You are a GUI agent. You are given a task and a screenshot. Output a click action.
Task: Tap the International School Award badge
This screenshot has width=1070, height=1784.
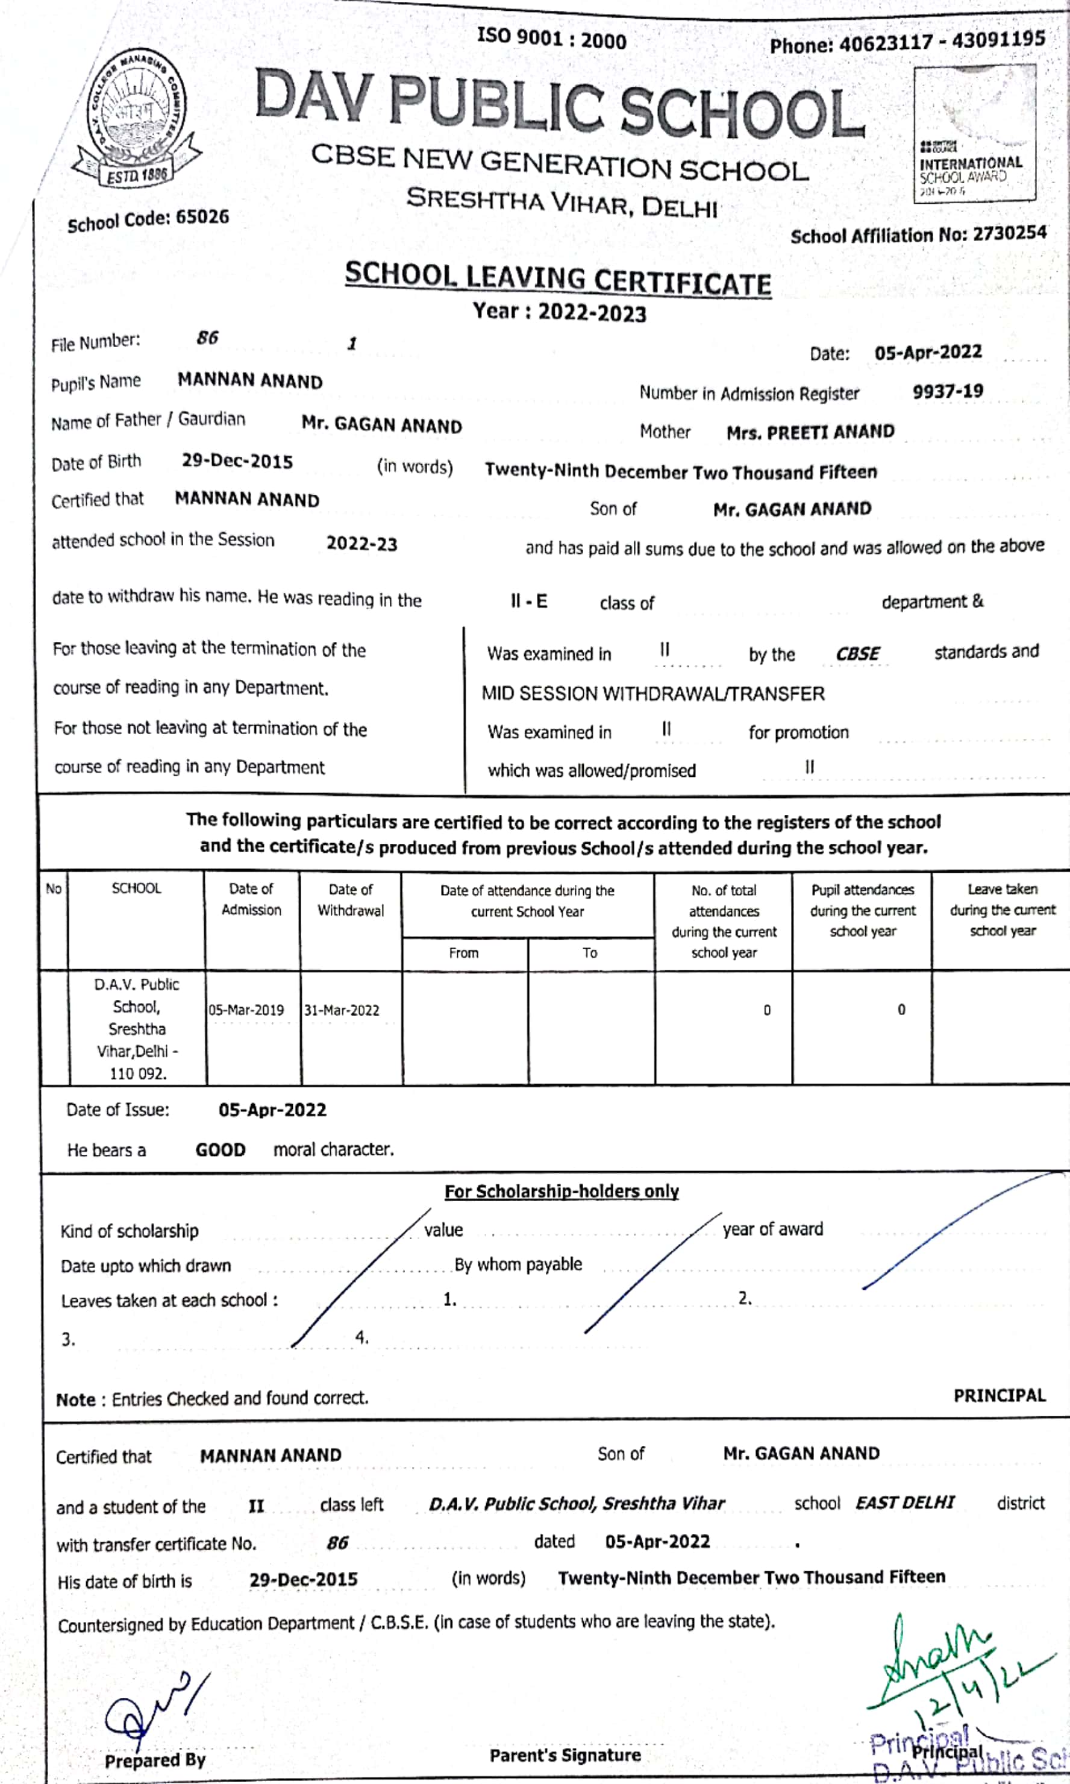point(974,135)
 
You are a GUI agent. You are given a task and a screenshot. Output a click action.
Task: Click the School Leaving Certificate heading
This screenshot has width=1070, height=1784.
point(557,279)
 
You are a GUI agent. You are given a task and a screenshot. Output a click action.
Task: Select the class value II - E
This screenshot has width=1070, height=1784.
point(528,601)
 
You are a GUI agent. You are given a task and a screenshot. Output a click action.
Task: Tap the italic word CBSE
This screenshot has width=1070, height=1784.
point(857,654)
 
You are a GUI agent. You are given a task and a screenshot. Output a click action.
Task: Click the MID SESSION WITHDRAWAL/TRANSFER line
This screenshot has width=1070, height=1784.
point(652,694)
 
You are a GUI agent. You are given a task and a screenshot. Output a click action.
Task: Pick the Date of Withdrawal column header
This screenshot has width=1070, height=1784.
point(351,900)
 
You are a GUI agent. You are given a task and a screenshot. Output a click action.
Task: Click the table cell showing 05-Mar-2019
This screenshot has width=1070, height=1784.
point(246,1010)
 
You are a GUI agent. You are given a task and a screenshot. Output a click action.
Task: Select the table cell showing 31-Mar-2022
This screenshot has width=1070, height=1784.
point(342,1010)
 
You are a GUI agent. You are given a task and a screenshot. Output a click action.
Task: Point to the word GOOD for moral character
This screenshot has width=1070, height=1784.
point(221,1150)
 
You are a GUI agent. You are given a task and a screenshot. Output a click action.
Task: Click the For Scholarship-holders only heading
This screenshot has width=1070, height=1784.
point(561,1192)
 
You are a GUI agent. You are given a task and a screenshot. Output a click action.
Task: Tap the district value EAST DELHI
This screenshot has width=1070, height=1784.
point(904,1503)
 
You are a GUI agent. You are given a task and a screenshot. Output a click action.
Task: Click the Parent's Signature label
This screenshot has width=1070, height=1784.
point(565,1755)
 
